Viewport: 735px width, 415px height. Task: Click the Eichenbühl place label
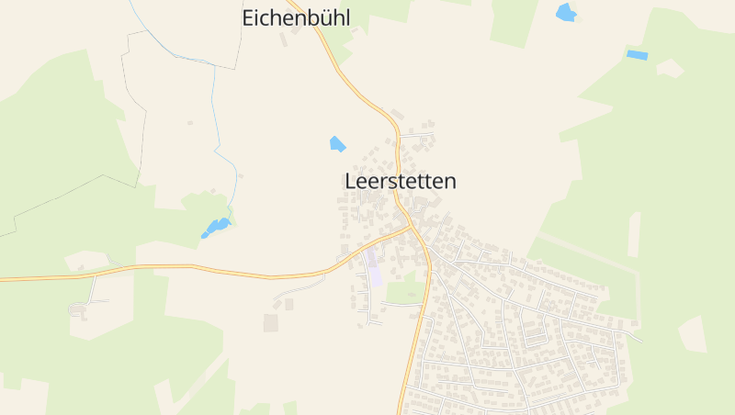tap(296, 17)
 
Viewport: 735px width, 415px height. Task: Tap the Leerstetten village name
tap(401, 182)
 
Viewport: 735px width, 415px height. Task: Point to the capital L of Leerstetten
tap(350, 182)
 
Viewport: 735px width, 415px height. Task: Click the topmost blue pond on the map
tap(566, 13)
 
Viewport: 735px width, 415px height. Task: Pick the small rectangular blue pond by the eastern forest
tap(637, 55)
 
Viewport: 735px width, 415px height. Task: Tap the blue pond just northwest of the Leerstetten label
tap(337, 143)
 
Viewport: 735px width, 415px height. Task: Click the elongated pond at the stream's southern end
tap(217, 226)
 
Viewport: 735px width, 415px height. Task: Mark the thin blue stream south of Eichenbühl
tap(217, 110)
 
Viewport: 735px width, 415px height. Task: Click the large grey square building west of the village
tap(270, 322)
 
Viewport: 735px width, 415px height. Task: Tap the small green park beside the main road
tap(405, 292)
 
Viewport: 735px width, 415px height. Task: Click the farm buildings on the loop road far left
tap(79, 310)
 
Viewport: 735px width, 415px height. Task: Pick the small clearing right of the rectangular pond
tap(670, 67)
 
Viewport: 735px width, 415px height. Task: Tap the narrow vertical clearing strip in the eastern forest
tap(633, 234)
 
